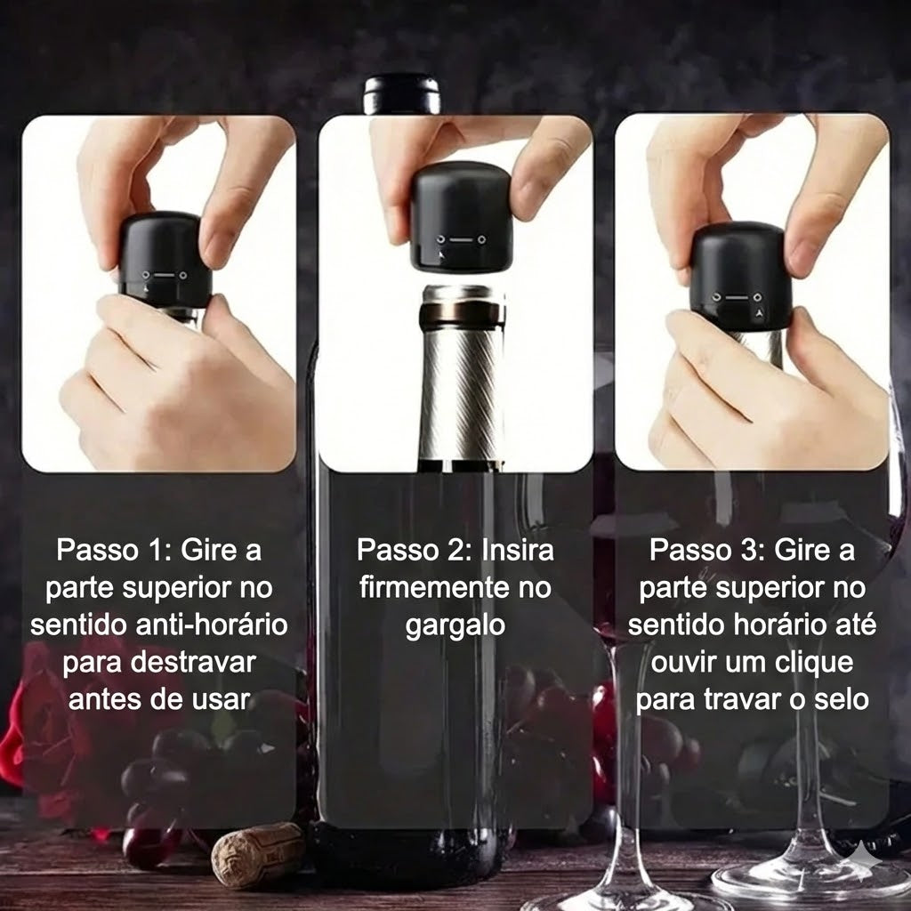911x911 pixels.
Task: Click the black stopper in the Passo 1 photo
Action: coord(165,260)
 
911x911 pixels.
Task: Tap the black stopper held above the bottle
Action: coord(461,217)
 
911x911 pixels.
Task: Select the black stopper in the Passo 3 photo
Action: coord(741,277)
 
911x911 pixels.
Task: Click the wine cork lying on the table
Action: coord(257,855)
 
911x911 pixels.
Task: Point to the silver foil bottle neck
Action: coord(462,376)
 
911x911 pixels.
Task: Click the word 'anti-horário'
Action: coord(212,625)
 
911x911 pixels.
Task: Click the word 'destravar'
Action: coord(193,662)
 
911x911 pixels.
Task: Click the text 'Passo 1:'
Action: coord(114,550)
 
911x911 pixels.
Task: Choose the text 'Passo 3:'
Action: coord(707,550)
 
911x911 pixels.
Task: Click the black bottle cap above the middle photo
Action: coord(401,93)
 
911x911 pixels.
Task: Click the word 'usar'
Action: coord(222,699)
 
